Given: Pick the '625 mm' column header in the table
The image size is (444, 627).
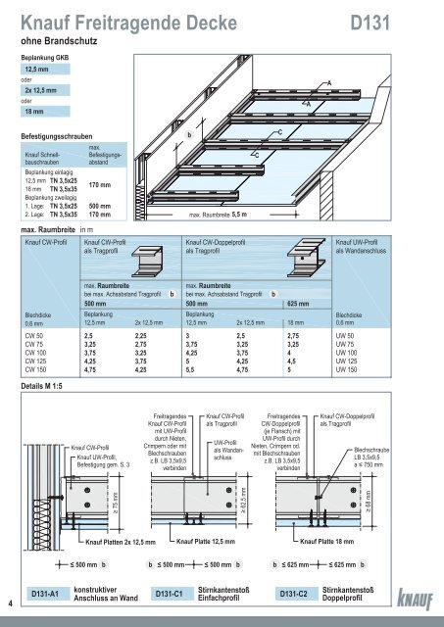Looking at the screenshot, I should click(x=301, y=304).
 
